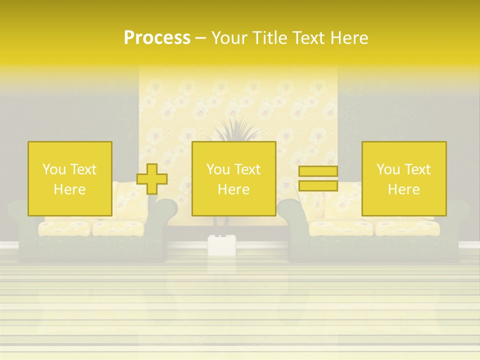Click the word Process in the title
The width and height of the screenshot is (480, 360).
157,38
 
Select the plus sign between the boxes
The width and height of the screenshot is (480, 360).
152,179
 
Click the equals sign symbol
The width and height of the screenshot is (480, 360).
318,178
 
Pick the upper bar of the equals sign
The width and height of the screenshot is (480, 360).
318,171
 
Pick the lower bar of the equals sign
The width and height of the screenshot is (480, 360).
318,185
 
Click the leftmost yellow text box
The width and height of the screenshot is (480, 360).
69,178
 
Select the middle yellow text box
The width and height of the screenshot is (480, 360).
233,178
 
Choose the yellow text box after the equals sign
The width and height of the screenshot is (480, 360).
403,178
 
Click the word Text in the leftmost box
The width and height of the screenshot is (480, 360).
83,169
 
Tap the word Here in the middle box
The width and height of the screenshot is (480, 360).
233,189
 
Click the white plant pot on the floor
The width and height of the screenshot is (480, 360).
221,244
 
